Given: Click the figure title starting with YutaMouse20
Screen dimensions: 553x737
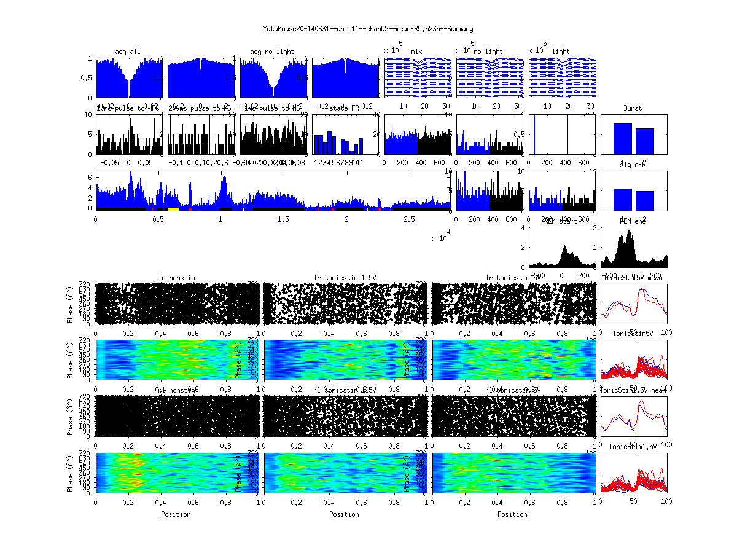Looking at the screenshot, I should [368, 29].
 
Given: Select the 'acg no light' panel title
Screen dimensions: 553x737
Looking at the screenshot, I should [272, 52].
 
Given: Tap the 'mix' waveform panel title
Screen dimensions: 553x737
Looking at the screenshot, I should [417, 52].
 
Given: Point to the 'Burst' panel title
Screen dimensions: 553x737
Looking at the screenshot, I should [633, 108].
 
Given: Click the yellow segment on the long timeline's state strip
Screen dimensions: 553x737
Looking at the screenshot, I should [173, 209].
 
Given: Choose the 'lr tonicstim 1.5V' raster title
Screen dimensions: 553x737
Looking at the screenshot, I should [345, 278].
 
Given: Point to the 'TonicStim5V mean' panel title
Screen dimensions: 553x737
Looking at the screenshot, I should [636, 278].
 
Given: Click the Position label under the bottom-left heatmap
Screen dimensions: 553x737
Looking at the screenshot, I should [176, 514].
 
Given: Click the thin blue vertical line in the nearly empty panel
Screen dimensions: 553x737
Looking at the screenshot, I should [534, 135].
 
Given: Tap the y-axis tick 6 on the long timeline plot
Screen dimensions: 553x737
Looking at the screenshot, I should [90, 177].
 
